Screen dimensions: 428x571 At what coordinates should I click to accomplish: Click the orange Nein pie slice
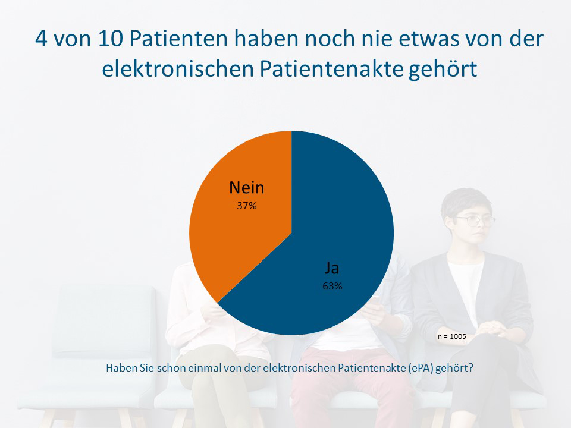[238, 238]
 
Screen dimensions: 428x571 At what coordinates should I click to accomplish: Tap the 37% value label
[247, 206]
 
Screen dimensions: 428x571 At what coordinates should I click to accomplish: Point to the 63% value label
[332, 286]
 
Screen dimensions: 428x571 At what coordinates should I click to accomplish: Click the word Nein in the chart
[247, 188]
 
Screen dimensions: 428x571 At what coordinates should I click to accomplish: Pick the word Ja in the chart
[332, 268]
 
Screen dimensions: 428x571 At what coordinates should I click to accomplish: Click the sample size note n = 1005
[452, 336]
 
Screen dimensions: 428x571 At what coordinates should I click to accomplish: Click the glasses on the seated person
[476, 221]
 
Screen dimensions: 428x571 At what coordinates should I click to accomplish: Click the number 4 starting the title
[42, 40]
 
